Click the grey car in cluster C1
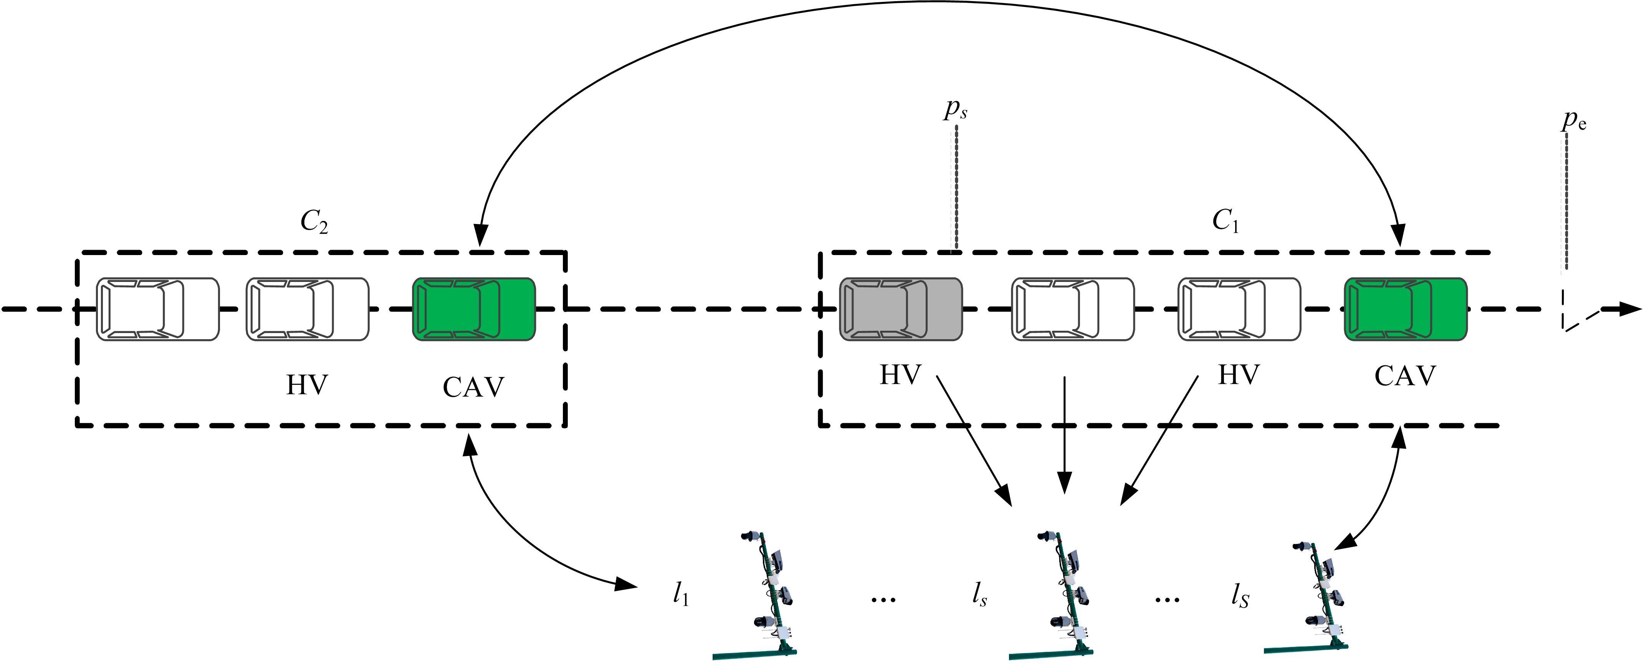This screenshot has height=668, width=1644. pyautogui.click(x=900, y=309)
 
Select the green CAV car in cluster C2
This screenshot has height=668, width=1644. pyautogui.click(x=473, y=309)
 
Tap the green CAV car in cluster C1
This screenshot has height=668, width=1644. pyautogui.click(x=1405, y=309)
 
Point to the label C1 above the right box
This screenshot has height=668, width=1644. pyautogui.click(x=1226, y=222)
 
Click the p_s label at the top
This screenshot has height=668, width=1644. pyautogui.click(x=955, y=110)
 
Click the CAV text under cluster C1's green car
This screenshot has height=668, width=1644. pyautogui.click(x=1405, y=376)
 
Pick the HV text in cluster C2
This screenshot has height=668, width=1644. pyautogui.click(x=307, y=385)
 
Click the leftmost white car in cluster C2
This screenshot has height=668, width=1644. pyautogui.click(x=158, y=309)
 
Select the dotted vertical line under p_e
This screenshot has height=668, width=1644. pyautogui.click(x=1566, y=201)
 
